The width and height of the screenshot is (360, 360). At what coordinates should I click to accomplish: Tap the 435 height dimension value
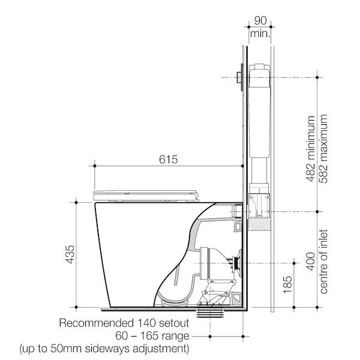point(70,254)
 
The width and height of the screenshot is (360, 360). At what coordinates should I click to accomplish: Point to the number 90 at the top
point(260,22)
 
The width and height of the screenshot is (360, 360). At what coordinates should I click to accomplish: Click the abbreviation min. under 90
point(260,34)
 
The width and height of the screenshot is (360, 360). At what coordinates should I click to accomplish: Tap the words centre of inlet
point(325,259)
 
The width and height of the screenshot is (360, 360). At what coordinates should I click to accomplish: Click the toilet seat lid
point(146,193)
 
